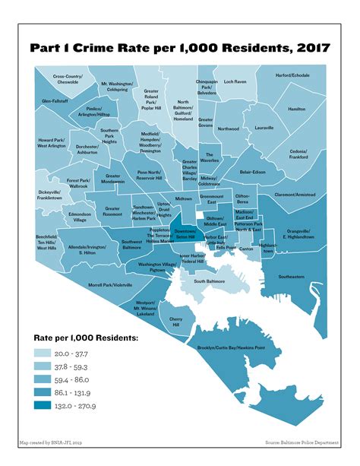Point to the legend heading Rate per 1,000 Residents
point(85,336)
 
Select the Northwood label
point(228,128)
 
